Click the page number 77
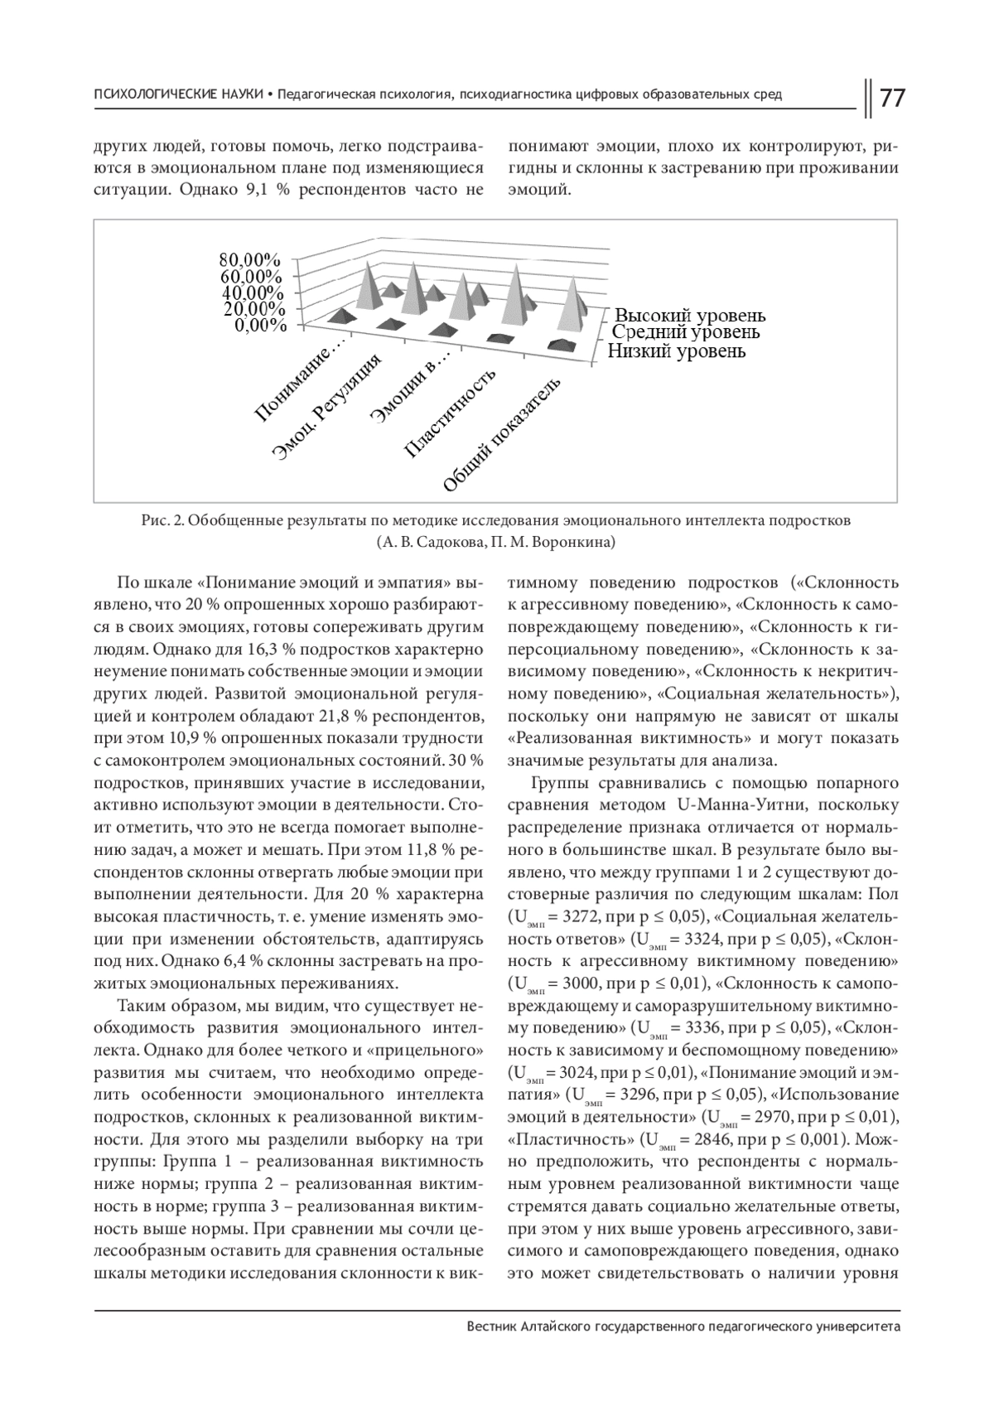pos(891,98)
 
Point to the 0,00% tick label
pos(259,326)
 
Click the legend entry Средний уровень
pos(685,332)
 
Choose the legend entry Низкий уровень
pos(677,351)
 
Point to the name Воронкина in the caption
pos(576,543)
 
